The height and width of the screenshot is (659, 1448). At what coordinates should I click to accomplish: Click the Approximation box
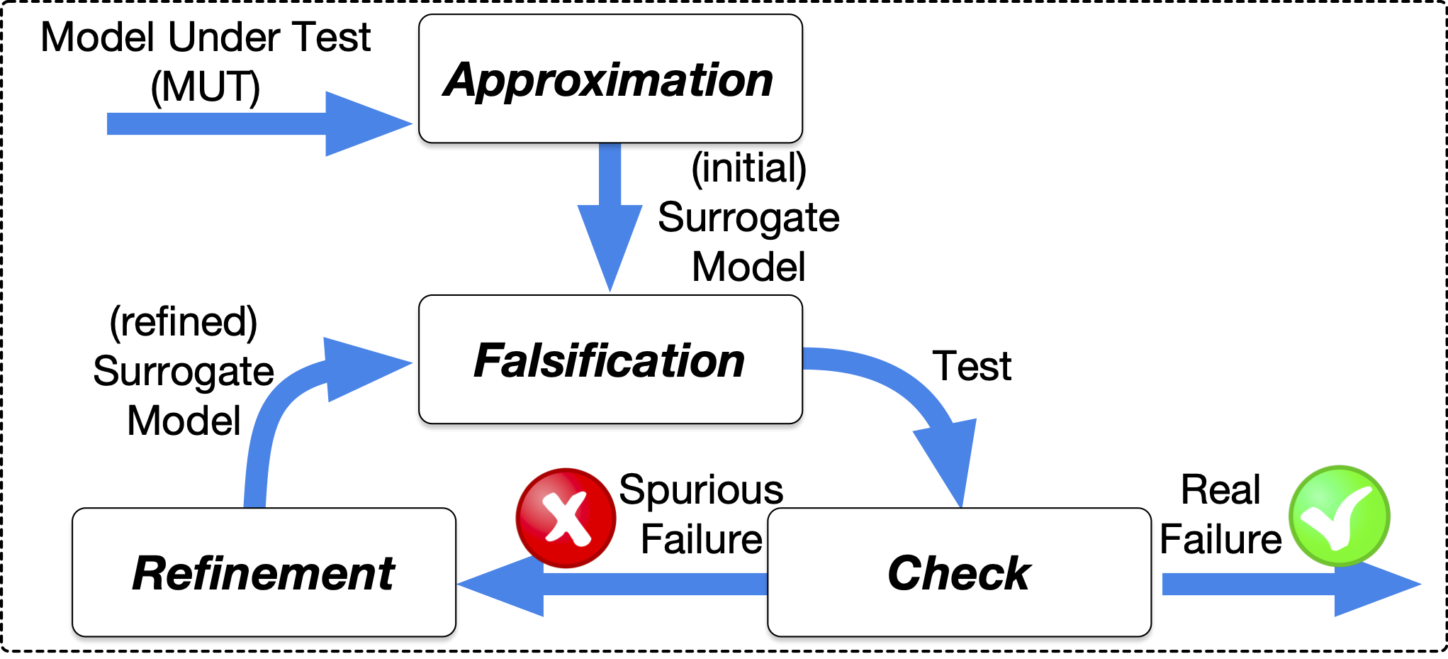[610, 79]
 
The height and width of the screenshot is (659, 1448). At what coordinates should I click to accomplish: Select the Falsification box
[610, 360]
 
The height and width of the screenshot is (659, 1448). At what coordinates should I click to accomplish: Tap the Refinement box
[264, 572]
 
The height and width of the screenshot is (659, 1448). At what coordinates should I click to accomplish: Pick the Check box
[958, 572]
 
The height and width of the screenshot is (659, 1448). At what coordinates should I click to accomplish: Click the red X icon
[566, 518]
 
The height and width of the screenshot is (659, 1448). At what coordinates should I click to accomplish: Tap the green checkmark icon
[1339, 516]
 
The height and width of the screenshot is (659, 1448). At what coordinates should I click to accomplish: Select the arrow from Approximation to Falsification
[610, 213]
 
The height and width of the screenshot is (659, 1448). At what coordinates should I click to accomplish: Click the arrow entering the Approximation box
[255, 123]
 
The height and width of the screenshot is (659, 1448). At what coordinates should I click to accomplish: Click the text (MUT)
[206, 87]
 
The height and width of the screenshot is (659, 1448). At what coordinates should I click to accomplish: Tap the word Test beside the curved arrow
[971, 366]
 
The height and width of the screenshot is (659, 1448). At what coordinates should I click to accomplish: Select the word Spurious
[701, 489]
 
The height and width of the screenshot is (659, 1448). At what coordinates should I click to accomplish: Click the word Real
[1220, 489]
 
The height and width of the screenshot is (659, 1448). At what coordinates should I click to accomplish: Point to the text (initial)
[748, 168]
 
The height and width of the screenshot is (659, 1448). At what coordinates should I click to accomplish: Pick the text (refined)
[183, 321]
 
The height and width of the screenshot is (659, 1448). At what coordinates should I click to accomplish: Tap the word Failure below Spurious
[701, 539]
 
